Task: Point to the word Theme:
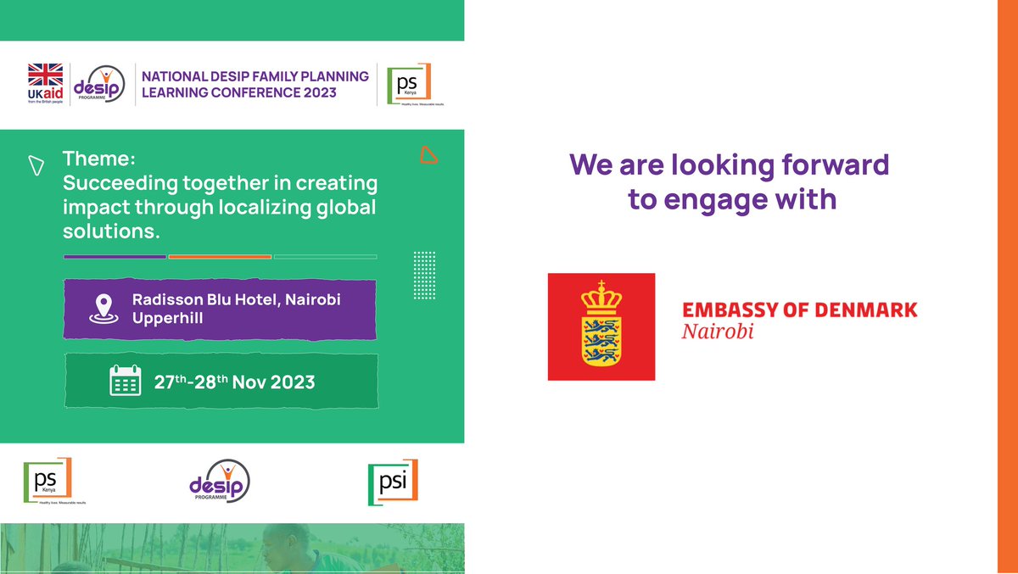(x=98, y=159)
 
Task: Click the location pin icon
(x=103, y=309)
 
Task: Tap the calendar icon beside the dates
(x=126, y=381)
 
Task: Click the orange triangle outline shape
(x=429, y=155)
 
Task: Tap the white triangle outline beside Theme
(x=36, y=165)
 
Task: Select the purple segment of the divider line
(x=115, y=256)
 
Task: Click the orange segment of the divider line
(x=220, y=256)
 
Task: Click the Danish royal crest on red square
(x=601, y=326)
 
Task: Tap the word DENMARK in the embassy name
(x=864, y=309)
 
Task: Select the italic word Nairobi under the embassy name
(x=718, y=330)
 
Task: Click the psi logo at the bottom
(x=393, y=483)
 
